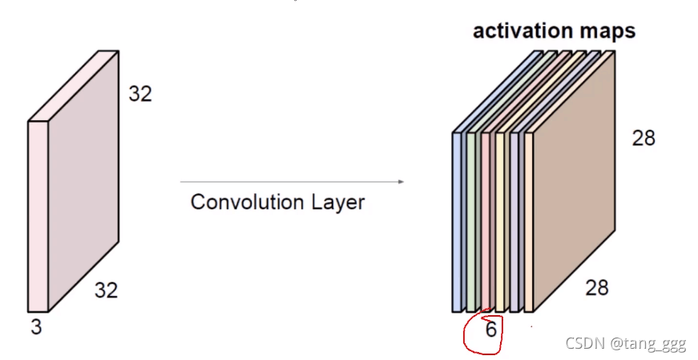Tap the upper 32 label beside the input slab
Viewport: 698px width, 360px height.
pos(140,95)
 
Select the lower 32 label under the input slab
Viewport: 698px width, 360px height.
pos(107,290)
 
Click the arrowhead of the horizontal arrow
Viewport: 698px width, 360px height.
pos(400,182)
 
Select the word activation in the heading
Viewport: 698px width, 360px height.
pos(522,31)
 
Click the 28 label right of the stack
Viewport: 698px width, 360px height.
pos(644,138)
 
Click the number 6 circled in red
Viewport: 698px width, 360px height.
pos(490,330)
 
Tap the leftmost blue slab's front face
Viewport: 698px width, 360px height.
pos(458,220)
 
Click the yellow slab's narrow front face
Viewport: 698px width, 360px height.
pos(500,220)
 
